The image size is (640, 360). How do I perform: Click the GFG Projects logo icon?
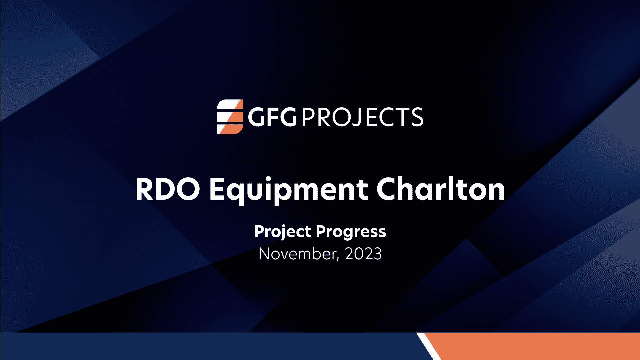[230, 117]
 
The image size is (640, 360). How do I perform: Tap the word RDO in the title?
[167, 189]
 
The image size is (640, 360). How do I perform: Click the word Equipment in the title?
[288, 190]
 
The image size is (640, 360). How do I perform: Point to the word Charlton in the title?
[441, 189]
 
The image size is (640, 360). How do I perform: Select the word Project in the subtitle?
[282, 232]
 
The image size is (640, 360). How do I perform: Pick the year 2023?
[363, 254]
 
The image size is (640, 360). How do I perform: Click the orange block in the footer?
[540, 347]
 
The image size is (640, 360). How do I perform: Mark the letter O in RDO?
[188, 189]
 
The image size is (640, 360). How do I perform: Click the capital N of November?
[266, 254]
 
